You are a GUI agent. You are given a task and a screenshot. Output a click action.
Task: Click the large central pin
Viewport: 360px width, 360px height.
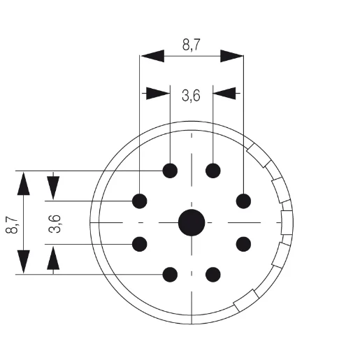192,223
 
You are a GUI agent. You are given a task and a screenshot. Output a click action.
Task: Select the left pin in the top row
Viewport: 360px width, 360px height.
170,171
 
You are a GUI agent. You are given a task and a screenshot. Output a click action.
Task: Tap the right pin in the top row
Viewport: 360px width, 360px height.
213,171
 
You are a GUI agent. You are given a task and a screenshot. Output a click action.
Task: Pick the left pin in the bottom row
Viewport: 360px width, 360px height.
170,275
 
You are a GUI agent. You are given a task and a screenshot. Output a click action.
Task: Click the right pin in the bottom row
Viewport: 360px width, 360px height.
213,275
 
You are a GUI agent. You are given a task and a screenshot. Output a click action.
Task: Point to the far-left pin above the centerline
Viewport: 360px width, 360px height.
140,201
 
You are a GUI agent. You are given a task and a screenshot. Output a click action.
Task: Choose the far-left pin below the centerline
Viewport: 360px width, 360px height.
140,244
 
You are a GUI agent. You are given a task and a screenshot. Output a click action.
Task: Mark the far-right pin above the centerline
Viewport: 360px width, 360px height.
243,201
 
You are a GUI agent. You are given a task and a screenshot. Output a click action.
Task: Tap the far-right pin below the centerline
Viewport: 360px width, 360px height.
243,244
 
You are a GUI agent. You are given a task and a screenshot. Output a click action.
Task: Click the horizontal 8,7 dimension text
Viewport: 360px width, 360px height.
192,46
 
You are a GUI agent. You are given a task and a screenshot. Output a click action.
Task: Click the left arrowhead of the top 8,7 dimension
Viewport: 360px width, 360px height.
152,57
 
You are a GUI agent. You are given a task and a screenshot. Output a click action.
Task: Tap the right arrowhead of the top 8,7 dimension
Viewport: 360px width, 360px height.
231,57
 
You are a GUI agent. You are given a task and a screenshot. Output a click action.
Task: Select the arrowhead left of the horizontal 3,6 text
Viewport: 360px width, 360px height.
158,92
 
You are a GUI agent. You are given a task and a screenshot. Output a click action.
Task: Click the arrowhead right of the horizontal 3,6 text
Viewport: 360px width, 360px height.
225,92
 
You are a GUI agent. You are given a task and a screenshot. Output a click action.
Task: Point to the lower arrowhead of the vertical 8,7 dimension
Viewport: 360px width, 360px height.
24,261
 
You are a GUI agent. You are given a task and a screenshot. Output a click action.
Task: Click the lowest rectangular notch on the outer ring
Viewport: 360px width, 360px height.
243,301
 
